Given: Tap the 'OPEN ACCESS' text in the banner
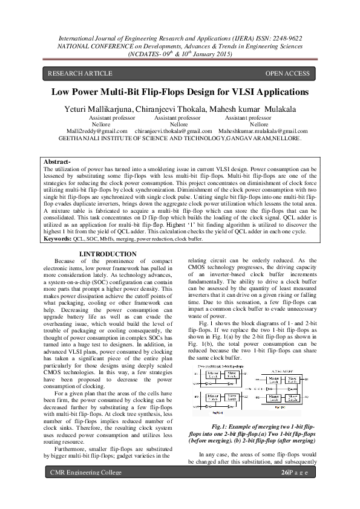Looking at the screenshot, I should (287, 74).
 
